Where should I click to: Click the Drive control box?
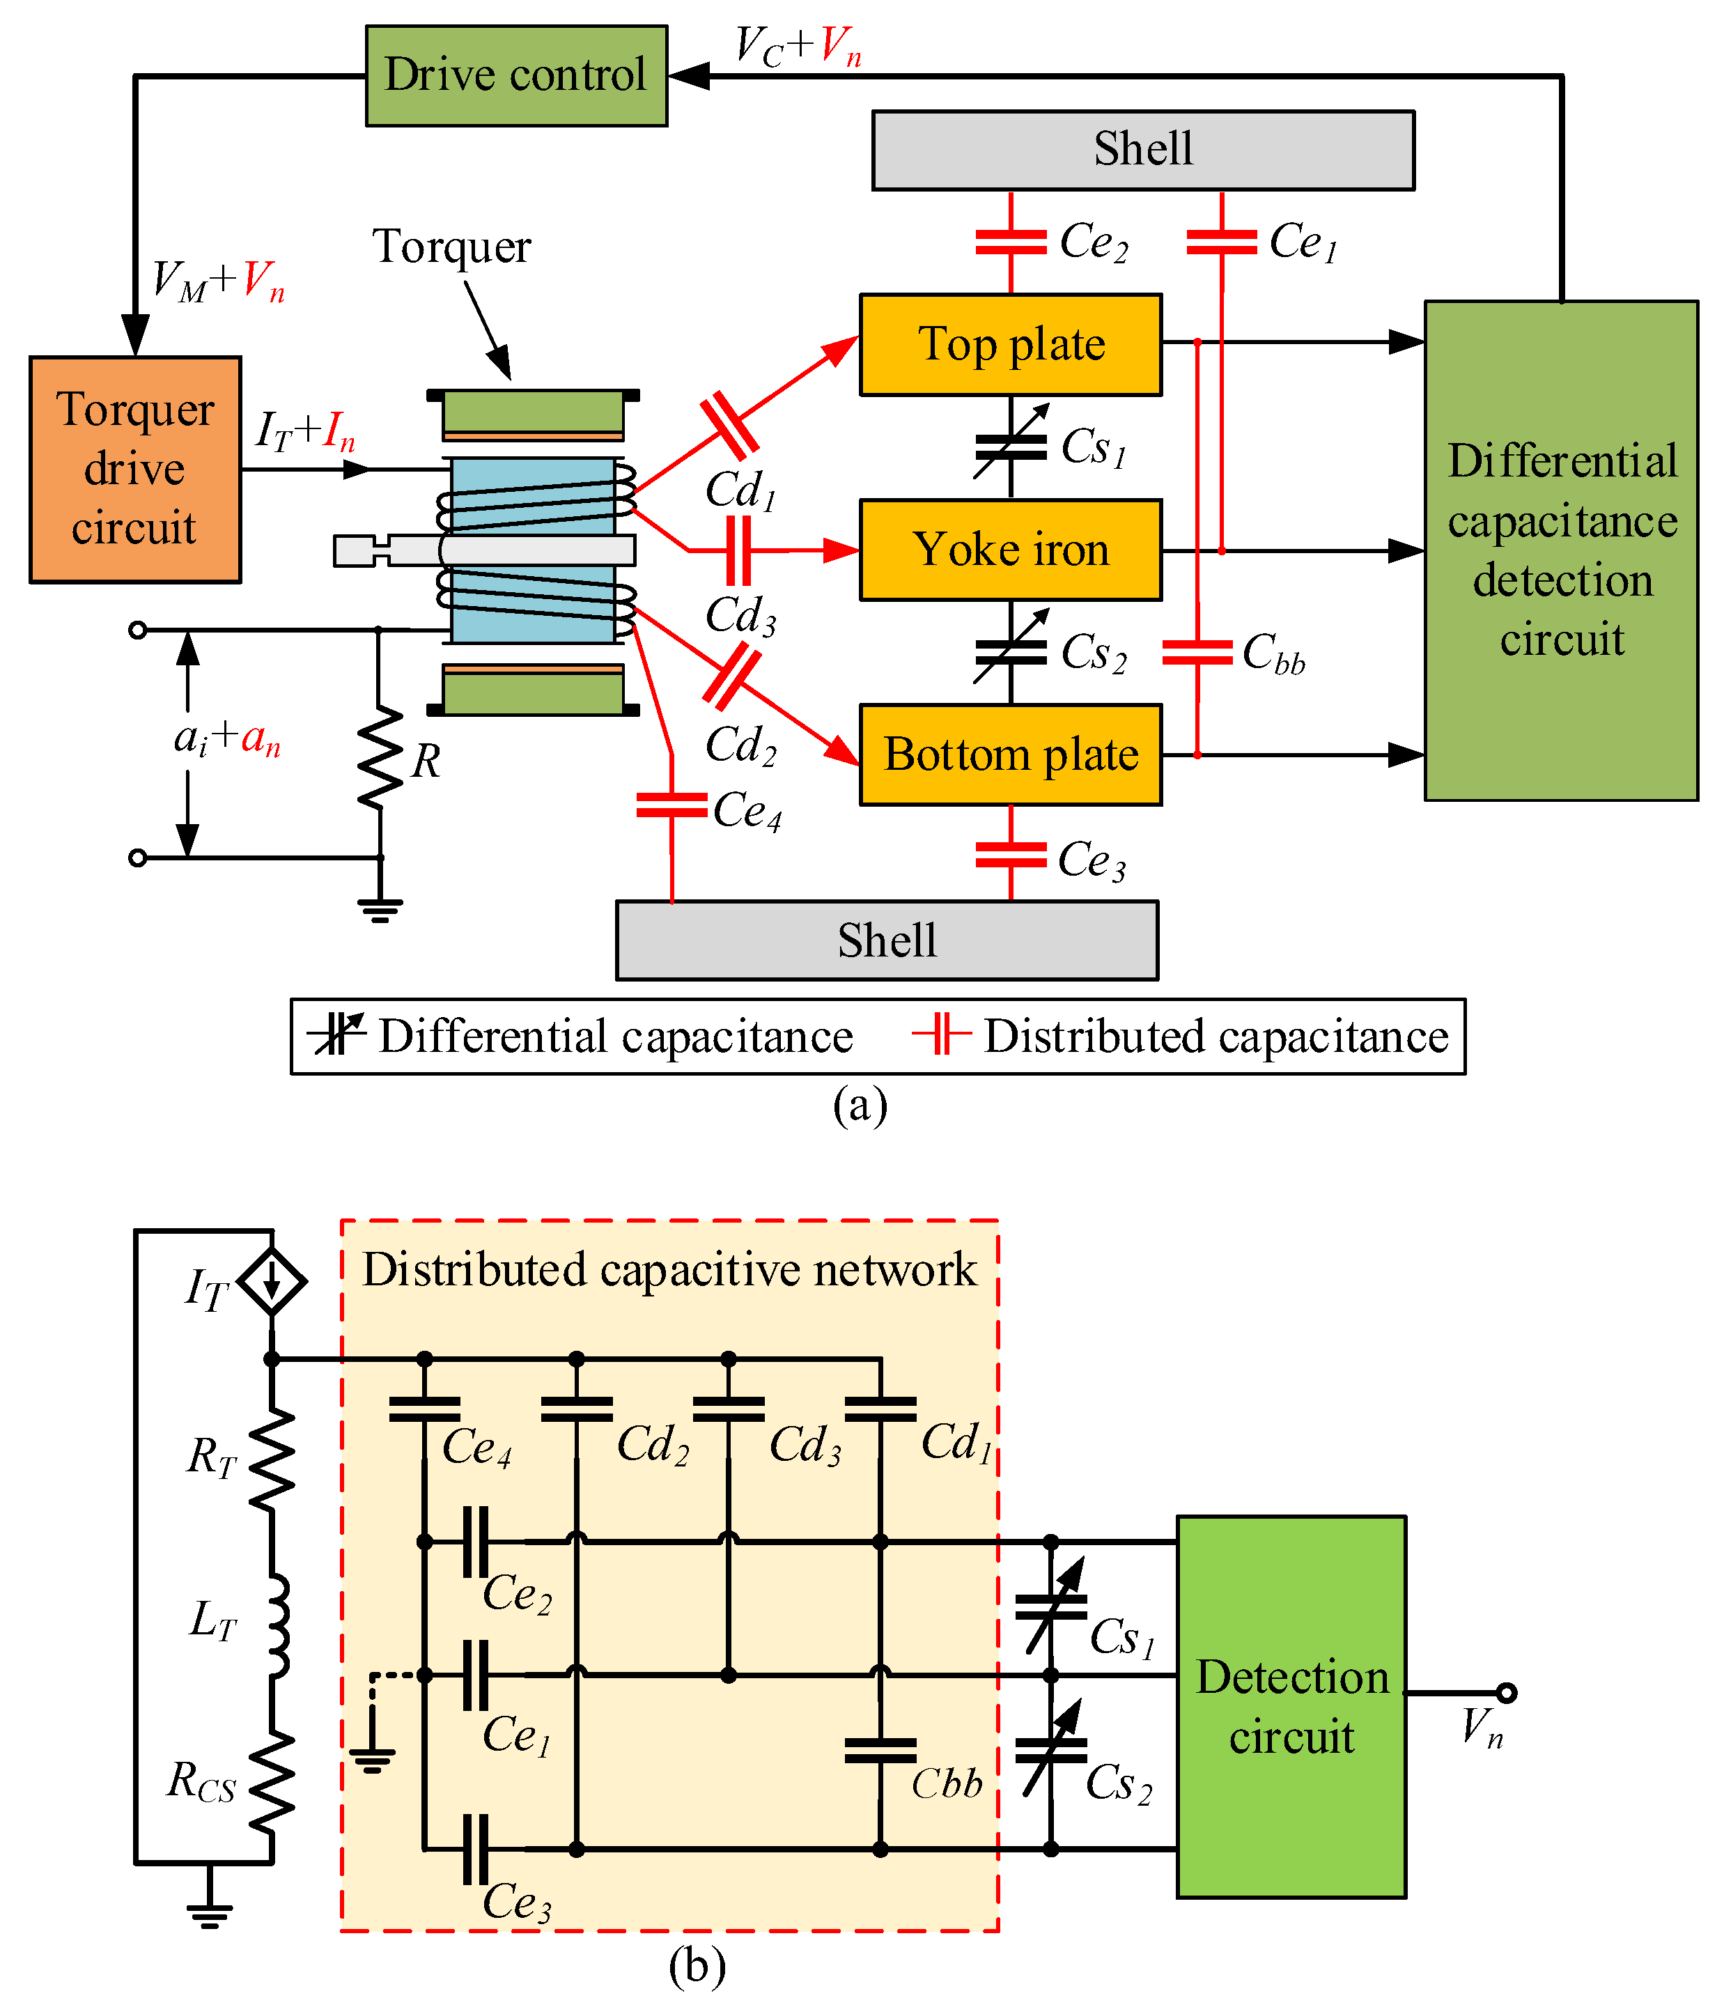[x=516, y=76]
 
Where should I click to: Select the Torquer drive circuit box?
[x=135, y=470]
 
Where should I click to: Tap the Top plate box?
[x=1011, y=344]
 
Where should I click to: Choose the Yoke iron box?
[x=1011, y=550]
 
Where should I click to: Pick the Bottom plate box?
[x=1011, y=755]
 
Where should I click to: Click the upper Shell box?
[x=1143, y=150]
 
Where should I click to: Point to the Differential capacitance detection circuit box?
[x=1561, y=550]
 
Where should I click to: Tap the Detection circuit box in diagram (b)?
[x=1291, y=1707]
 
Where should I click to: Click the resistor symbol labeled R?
[x=380, y=758]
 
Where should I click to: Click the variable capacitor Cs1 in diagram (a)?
[x=1011, y=447]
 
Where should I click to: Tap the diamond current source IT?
[x=272, y=1282]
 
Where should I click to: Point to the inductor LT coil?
[x=276, y=1625]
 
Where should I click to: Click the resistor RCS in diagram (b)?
[x=273, y=1785]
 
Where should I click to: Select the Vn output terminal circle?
[x=1506, y=1694]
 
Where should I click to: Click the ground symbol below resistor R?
[x=380, y=910]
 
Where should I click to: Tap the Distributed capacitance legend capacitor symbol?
[x=941, y=1035]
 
